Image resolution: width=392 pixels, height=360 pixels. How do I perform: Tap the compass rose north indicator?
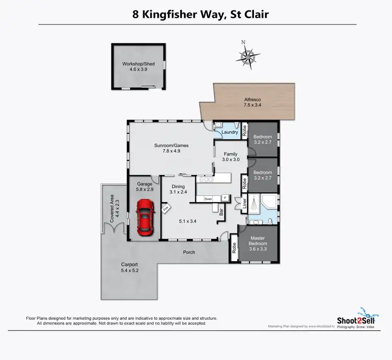coord(250,55)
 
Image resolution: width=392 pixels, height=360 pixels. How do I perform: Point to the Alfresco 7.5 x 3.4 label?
coord(253,102)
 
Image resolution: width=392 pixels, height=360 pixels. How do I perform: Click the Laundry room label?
coord(229,133)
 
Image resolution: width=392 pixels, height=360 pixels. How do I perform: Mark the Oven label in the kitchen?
coord(207,199)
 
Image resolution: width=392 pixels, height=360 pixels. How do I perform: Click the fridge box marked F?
coord(225,199)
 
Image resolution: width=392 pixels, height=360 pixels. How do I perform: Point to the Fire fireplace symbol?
coord(167,208)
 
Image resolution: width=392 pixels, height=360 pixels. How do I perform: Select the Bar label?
coord(221,212)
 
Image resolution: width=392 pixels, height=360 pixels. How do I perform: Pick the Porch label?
coord(189,252)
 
